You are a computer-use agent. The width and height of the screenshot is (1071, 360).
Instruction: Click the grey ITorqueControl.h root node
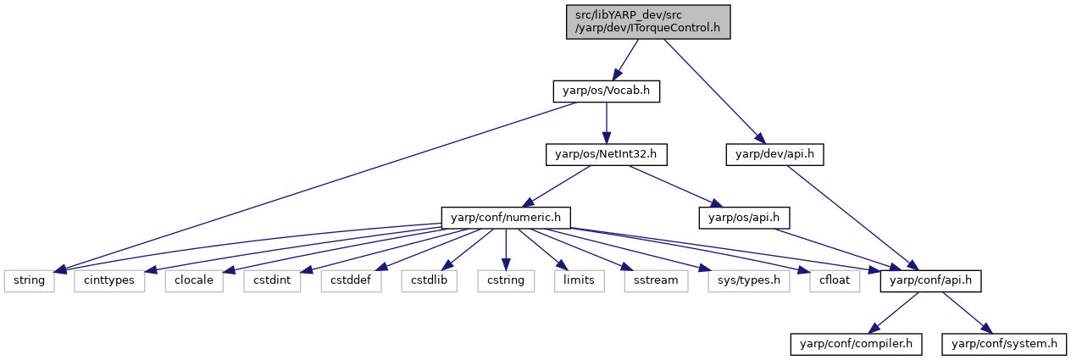(648, 22)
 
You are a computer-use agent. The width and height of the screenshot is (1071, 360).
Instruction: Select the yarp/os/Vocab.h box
(607, 91)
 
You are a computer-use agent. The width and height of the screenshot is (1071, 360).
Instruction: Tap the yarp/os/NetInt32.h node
(607, 155)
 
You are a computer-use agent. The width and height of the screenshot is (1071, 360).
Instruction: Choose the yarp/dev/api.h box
(774, 155)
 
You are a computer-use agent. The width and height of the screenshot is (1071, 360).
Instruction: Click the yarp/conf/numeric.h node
(506, 218)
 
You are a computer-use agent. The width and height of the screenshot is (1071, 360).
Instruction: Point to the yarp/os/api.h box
(744, 218)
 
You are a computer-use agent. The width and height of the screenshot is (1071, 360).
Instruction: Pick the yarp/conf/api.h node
(930, 281)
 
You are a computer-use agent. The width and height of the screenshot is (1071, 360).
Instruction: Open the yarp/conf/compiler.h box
(856, 344)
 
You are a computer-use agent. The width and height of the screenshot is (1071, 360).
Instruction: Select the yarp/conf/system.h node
(1004, 344)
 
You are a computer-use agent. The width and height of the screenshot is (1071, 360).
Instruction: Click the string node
(29, 281)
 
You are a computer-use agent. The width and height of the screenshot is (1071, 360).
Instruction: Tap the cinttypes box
(109, 281)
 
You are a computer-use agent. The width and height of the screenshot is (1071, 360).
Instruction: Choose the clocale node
(194, 281)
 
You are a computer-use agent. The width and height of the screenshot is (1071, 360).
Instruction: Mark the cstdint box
(272, 281)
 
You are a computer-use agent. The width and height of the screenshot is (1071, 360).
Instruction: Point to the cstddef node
(351, 281)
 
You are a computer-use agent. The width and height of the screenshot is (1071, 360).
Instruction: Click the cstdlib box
(429, 281)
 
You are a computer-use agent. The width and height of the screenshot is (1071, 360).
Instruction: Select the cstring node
(506, 281)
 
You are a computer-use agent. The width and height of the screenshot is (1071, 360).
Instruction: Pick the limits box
(580, 281)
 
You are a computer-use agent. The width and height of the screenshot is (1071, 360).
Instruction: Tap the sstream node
(656, 281)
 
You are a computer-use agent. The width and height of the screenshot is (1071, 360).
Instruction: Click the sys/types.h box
(749, 281)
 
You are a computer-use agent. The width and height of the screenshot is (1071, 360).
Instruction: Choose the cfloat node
(835, 281)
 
